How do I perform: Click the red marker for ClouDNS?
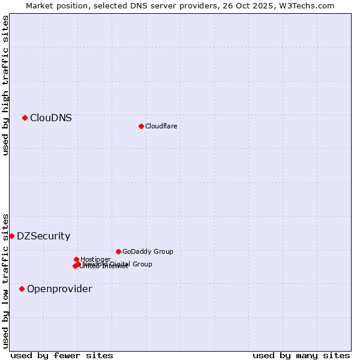coord(25,118)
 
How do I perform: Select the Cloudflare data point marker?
coord(141,126)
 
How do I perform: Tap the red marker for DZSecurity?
coord(11,236)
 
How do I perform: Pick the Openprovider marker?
coord(22,289)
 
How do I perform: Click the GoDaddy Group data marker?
coord(118,251)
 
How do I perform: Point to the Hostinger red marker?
coord(76,259)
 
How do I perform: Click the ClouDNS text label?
coord(51,118)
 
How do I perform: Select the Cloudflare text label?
coord(161,126)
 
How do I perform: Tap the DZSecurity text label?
coord(43,236)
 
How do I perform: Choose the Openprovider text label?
coord(59,289)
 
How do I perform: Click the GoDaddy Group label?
coord(148,251)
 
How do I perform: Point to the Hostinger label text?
coord(95,259)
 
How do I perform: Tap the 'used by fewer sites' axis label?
coord(62,355)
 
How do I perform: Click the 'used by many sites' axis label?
coord(301,355)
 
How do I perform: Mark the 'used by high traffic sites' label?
coord(5,85)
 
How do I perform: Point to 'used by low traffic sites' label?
coord(5,280)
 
